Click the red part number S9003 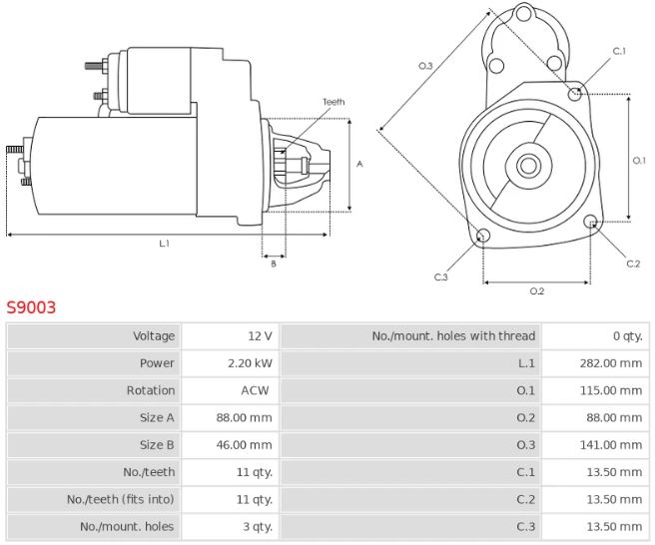(31, 307)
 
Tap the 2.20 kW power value (250, 363)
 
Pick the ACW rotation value (255, 390)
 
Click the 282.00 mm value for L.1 (611, 363)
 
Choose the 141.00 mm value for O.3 (611, 445)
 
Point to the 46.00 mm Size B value (244, 445)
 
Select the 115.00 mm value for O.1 (611, 390)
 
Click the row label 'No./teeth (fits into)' (120, 499)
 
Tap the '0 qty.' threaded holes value (627, 336)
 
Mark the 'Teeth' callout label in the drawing (333, 102)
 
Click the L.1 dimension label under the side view (164, 244)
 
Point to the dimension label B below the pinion (274, 264)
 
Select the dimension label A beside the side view (359, 164)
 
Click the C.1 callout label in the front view (619, 51)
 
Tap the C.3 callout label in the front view (440, 276)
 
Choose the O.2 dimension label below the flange (537, 291)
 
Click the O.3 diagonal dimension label (425, 66)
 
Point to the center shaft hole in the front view (529, 166)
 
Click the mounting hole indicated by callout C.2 (591, 222)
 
